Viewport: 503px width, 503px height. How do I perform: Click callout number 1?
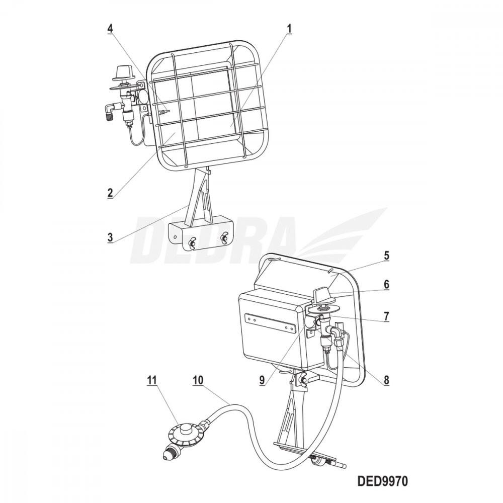click(289, 29)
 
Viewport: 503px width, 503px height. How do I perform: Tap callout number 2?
click(110, 193)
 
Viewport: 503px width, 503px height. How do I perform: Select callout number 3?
click(110, 237)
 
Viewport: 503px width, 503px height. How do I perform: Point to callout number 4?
click(110, 29)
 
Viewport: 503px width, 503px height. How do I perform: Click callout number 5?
click(386, 256)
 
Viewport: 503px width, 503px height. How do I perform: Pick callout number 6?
click(386, 284)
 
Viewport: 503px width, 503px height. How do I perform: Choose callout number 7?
click(386, 316)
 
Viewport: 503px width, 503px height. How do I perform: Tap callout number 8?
click(386, 380)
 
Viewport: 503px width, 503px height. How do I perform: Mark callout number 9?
click(262, 380)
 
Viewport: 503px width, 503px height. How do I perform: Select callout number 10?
click(198, 380)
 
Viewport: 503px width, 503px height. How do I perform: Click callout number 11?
click(152, 380)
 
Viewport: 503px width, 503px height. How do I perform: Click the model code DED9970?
click(382, 481)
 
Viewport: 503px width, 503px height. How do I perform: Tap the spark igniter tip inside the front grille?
click(164, 111)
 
